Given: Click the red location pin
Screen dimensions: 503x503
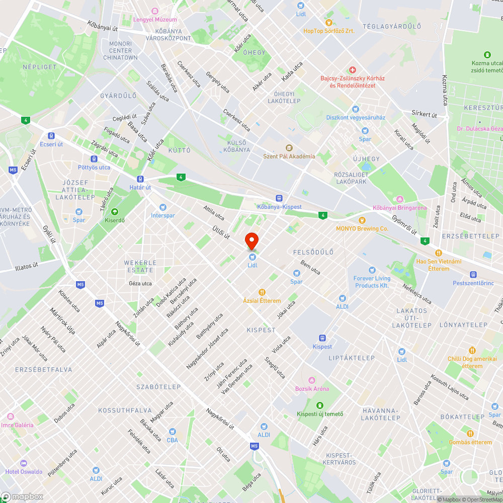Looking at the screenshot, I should (251, 240).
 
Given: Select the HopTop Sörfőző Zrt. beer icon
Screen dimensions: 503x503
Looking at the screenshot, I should (328, 22).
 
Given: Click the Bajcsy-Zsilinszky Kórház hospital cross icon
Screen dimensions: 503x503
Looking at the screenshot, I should (353, 70).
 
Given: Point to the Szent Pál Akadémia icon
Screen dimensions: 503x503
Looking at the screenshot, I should (289, 148).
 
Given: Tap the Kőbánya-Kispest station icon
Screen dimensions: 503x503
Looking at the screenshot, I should (279, 199).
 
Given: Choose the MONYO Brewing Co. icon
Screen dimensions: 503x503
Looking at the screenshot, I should (362, 220).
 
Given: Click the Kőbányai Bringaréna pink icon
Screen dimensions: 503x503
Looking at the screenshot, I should (399, 200).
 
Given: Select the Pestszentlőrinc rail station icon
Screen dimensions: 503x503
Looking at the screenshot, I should (472, 275).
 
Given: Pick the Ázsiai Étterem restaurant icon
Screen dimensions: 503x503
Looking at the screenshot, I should (262, 292).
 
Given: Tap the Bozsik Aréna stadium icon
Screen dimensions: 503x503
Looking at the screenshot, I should (312, 380).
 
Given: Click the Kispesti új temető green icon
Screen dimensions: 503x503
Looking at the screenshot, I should (320, 405).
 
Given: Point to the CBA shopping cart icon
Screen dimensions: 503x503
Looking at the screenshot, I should (173, 432).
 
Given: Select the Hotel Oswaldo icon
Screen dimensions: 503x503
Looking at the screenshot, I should (23, 463).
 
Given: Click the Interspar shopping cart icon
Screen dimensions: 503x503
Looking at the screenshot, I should (162, 207).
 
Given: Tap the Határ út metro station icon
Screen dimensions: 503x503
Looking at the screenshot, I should (140, 179).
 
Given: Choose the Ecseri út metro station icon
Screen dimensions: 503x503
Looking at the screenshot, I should (51, 135).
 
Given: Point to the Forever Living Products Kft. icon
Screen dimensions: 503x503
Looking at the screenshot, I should (372, 270).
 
